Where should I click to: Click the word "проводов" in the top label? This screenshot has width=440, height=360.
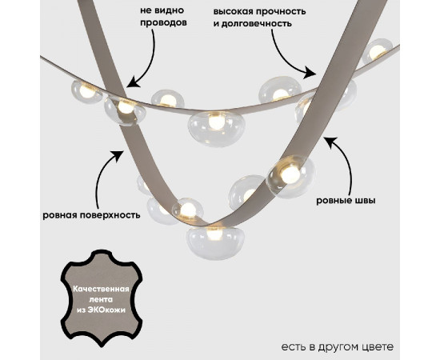click(163, 23)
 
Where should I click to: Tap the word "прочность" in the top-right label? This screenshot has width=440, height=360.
click(282, 12)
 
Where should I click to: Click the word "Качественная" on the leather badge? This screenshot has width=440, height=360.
click(102, 289)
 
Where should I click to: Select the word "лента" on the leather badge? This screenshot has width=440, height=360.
click(101, 299)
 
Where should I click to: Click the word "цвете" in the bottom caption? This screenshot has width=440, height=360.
click(379, 347)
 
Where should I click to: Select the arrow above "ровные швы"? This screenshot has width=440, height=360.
click(345, 162)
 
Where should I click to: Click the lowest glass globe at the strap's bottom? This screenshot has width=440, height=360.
click(215, 242)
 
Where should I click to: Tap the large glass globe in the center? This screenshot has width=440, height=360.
click(215, 129)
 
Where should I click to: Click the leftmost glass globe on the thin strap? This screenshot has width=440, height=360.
click(86, 92)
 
